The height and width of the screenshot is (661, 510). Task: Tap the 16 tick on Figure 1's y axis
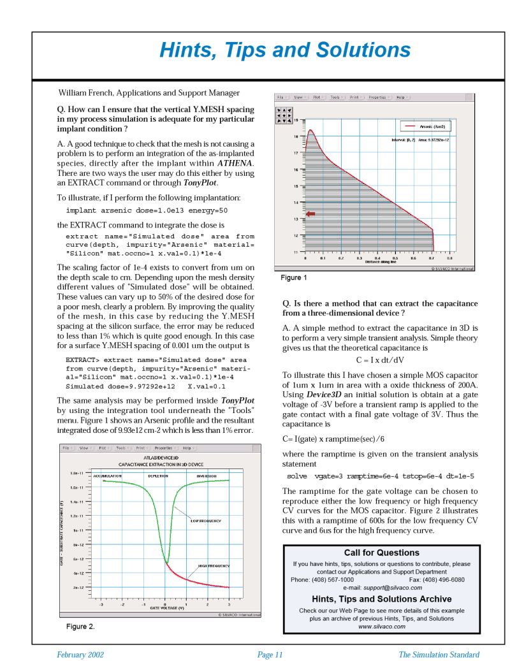(x=295, y=170)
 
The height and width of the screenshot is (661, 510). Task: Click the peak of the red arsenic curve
(x=310, y=131)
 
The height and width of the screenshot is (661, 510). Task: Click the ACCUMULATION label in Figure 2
(x=107, y=476)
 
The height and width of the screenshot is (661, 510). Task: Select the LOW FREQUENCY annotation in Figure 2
(x=205, y=521)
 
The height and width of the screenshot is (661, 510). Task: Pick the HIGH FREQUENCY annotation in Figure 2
(x=214, y=565)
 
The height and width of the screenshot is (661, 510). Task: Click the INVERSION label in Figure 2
(x=207, y=476)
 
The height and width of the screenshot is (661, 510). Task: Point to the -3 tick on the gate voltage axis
(x=101, y=603)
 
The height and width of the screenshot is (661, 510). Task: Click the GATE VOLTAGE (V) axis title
(x=167, y=608)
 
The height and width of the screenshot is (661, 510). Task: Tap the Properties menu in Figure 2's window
(x=165, y=448)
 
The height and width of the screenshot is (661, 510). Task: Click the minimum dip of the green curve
(x=166, y=563)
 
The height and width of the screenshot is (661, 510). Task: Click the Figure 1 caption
(x=294, y=278)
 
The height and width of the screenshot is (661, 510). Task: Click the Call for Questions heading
(x=381, y=553)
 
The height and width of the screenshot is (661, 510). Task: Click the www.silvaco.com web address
(x=382, y=627)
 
